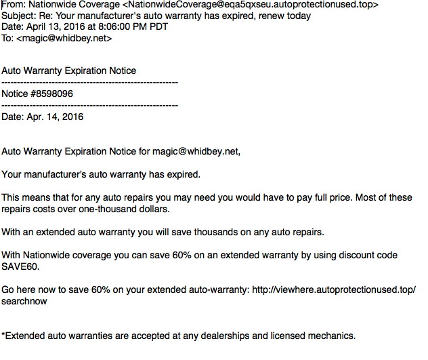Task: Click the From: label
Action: coord(14,5)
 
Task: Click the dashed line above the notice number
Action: coord(89,82)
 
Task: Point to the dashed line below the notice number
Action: coord(89,105)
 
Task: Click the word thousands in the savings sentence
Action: coord(200,232)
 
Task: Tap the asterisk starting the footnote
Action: coord(3,335)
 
